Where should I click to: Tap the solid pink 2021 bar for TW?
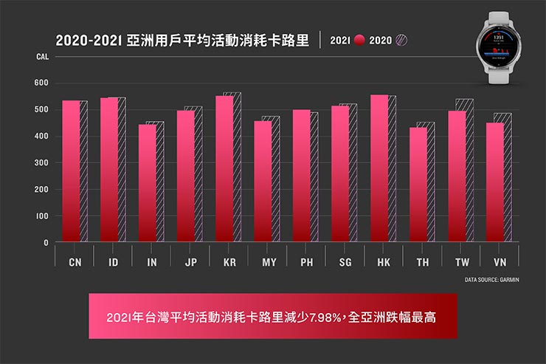(457, 176)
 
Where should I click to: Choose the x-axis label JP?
(190, 262)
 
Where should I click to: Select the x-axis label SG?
(345, 262)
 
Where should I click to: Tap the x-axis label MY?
(268, 262)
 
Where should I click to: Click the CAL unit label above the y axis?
(41, 56)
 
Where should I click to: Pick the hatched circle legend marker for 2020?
(402, 40)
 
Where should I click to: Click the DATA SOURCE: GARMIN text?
(492, 280)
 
